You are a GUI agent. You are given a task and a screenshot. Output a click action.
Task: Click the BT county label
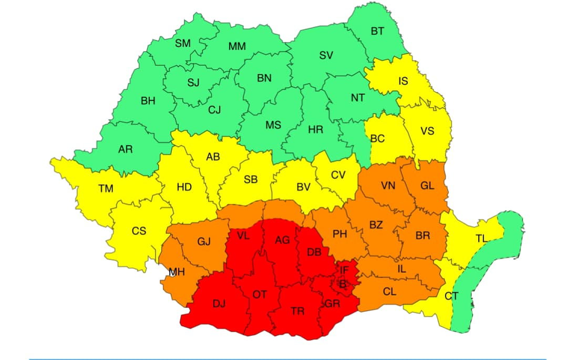pos(377,32)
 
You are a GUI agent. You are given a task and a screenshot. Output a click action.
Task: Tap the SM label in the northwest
pos(183,44)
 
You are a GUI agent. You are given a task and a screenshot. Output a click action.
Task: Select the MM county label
pos(237,47)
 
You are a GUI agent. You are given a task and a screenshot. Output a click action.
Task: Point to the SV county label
pos(326,55)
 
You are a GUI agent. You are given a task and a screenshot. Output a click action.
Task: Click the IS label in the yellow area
pos(403,81)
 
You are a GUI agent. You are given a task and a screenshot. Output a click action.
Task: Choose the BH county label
pos(148,101)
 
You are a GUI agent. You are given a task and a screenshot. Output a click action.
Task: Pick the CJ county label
pos(214,110)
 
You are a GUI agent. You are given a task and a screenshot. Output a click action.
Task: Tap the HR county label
pos(316,129)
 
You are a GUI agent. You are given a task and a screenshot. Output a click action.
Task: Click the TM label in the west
pos(106,188)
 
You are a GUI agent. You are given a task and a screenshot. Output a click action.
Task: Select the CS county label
pos(139,230)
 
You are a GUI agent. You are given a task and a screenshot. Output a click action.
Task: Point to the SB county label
pos(251,180)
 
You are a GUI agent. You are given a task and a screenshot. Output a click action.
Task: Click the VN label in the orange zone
pos(388,186)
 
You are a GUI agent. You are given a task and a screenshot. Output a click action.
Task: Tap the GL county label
pos(427,186)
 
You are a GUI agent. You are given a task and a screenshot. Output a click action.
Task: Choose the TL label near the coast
pos(481,238)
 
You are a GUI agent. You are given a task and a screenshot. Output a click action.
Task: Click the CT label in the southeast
pos(451,296)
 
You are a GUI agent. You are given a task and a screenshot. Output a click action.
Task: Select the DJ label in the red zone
pos(219,303)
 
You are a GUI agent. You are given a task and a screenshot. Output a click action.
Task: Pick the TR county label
pos(298,311)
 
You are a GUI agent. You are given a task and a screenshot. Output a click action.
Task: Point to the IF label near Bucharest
pos(344,270)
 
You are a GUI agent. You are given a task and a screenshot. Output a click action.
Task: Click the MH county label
pos(177,272)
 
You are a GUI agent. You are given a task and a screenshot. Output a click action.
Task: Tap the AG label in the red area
pos(283,240)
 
